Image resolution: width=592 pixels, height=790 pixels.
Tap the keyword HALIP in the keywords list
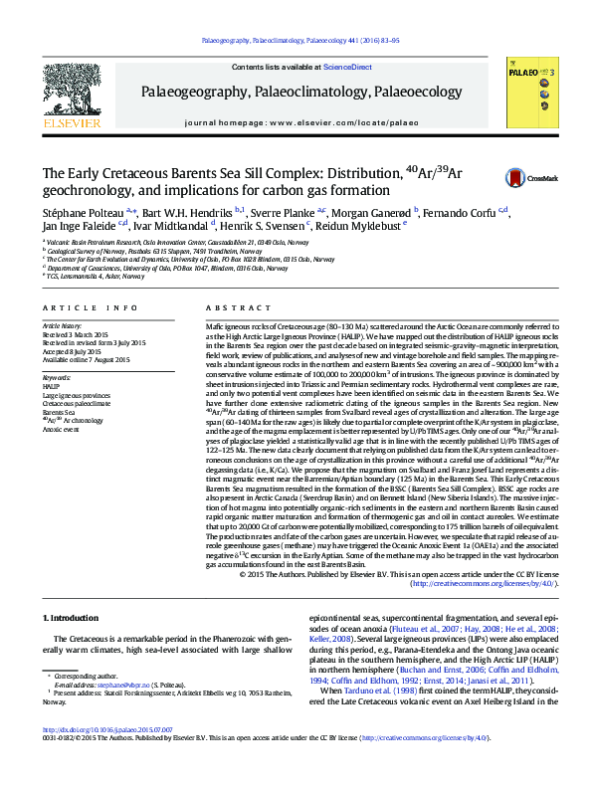click(x=51, y=387)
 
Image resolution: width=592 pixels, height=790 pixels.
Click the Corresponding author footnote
click(x=82, y=675)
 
